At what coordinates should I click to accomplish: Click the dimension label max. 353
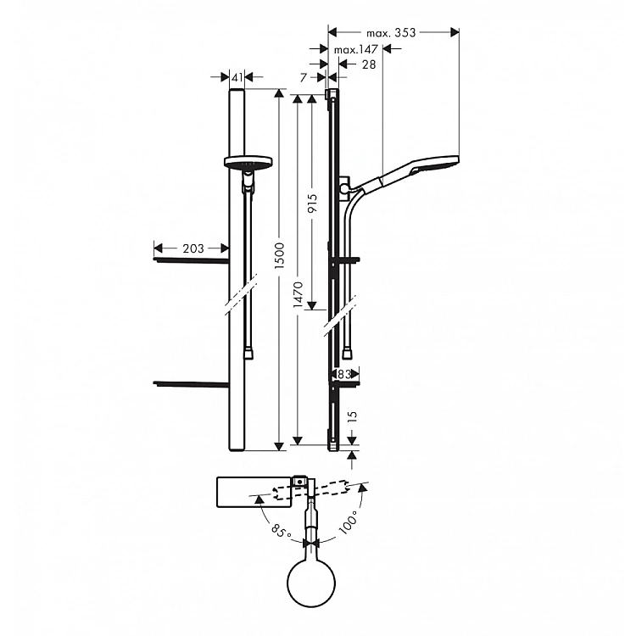click(391, 32)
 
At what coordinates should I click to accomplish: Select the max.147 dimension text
click(355, 49)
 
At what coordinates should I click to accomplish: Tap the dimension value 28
click(369, 64)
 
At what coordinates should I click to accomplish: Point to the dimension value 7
click(304, 77)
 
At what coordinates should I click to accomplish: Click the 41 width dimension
click(237, 77)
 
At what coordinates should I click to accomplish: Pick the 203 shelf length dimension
click(193, 248)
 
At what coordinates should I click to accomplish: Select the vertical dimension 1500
click(280, 256)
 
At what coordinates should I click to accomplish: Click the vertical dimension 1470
click(298, 294)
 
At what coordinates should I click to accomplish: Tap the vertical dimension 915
click(312, 204)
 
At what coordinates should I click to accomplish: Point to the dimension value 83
click(344, 374)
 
